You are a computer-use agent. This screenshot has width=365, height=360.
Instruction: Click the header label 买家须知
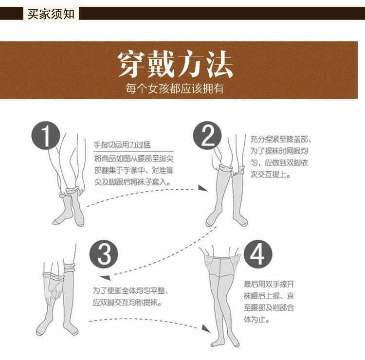(51, 14)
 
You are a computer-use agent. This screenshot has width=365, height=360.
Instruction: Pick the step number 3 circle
(104, 253)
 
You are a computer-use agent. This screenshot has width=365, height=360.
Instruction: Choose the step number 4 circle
(257, 253)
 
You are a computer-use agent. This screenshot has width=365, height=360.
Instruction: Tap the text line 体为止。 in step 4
(257, 321)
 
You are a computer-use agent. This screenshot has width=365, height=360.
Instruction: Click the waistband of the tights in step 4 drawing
(223, 255)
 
